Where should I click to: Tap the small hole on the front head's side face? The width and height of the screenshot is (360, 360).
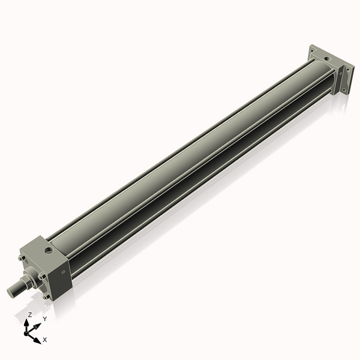pos(64,272)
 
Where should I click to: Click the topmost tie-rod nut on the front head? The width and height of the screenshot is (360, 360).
pos(22,259)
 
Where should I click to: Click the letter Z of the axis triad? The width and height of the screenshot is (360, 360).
pos(29,314)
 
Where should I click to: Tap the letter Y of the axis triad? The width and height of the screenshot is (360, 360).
pos(44,320)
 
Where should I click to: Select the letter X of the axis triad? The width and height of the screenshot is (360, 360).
pos(45,340)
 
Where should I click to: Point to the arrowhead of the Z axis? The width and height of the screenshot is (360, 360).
pos(29,322)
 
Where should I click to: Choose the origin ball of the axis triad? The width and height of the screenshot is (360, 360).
pos(28,332)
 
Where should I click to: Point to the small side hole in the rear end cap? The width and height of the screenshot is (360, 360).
pos(339,77)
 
